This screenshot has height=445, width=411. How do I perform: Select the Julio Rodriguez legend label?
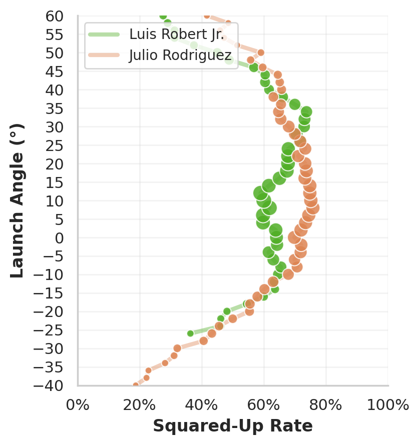click(x=180, y=54)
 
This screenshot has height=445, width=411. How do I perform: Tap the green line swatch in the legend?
click(x=104, y=34)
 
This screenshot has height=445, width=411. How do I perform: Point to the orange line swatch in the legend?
click(x=104, y=54)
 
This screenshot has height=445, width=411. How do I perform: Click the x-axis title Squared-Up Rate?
click(x=233, y=426)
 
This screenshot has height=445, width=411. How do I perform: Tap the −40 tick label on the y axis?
click(x=50, y=385)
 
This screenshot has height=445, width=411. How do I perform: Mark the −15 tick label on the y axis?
click(x=50, y=293)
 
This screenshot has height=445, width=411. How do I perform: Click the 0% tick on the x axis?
click(x=78, y=404)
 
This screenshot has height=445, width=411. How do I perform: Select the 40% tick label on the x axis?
click(x=202, y=404)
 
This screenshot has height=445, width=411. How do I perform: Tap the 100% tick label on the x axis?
click(x=388, y=404)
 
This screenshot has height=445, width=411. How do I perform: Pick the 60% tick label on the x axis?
click(x=264, y=404)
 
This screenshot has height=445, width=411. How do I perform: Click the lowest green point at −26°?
click(x=190, y=333)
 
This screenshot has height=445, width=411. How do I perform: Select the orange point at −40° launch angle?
click(x=136, y=385)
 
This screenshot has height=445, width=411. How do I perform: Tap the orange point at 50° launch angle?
click(x=261, y=52)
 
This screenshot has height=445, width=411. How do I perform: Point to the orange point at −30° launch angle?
click(x=177, y=348)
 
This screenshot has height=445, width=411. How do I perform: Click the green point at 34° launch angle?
click(x=306, y=112)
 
